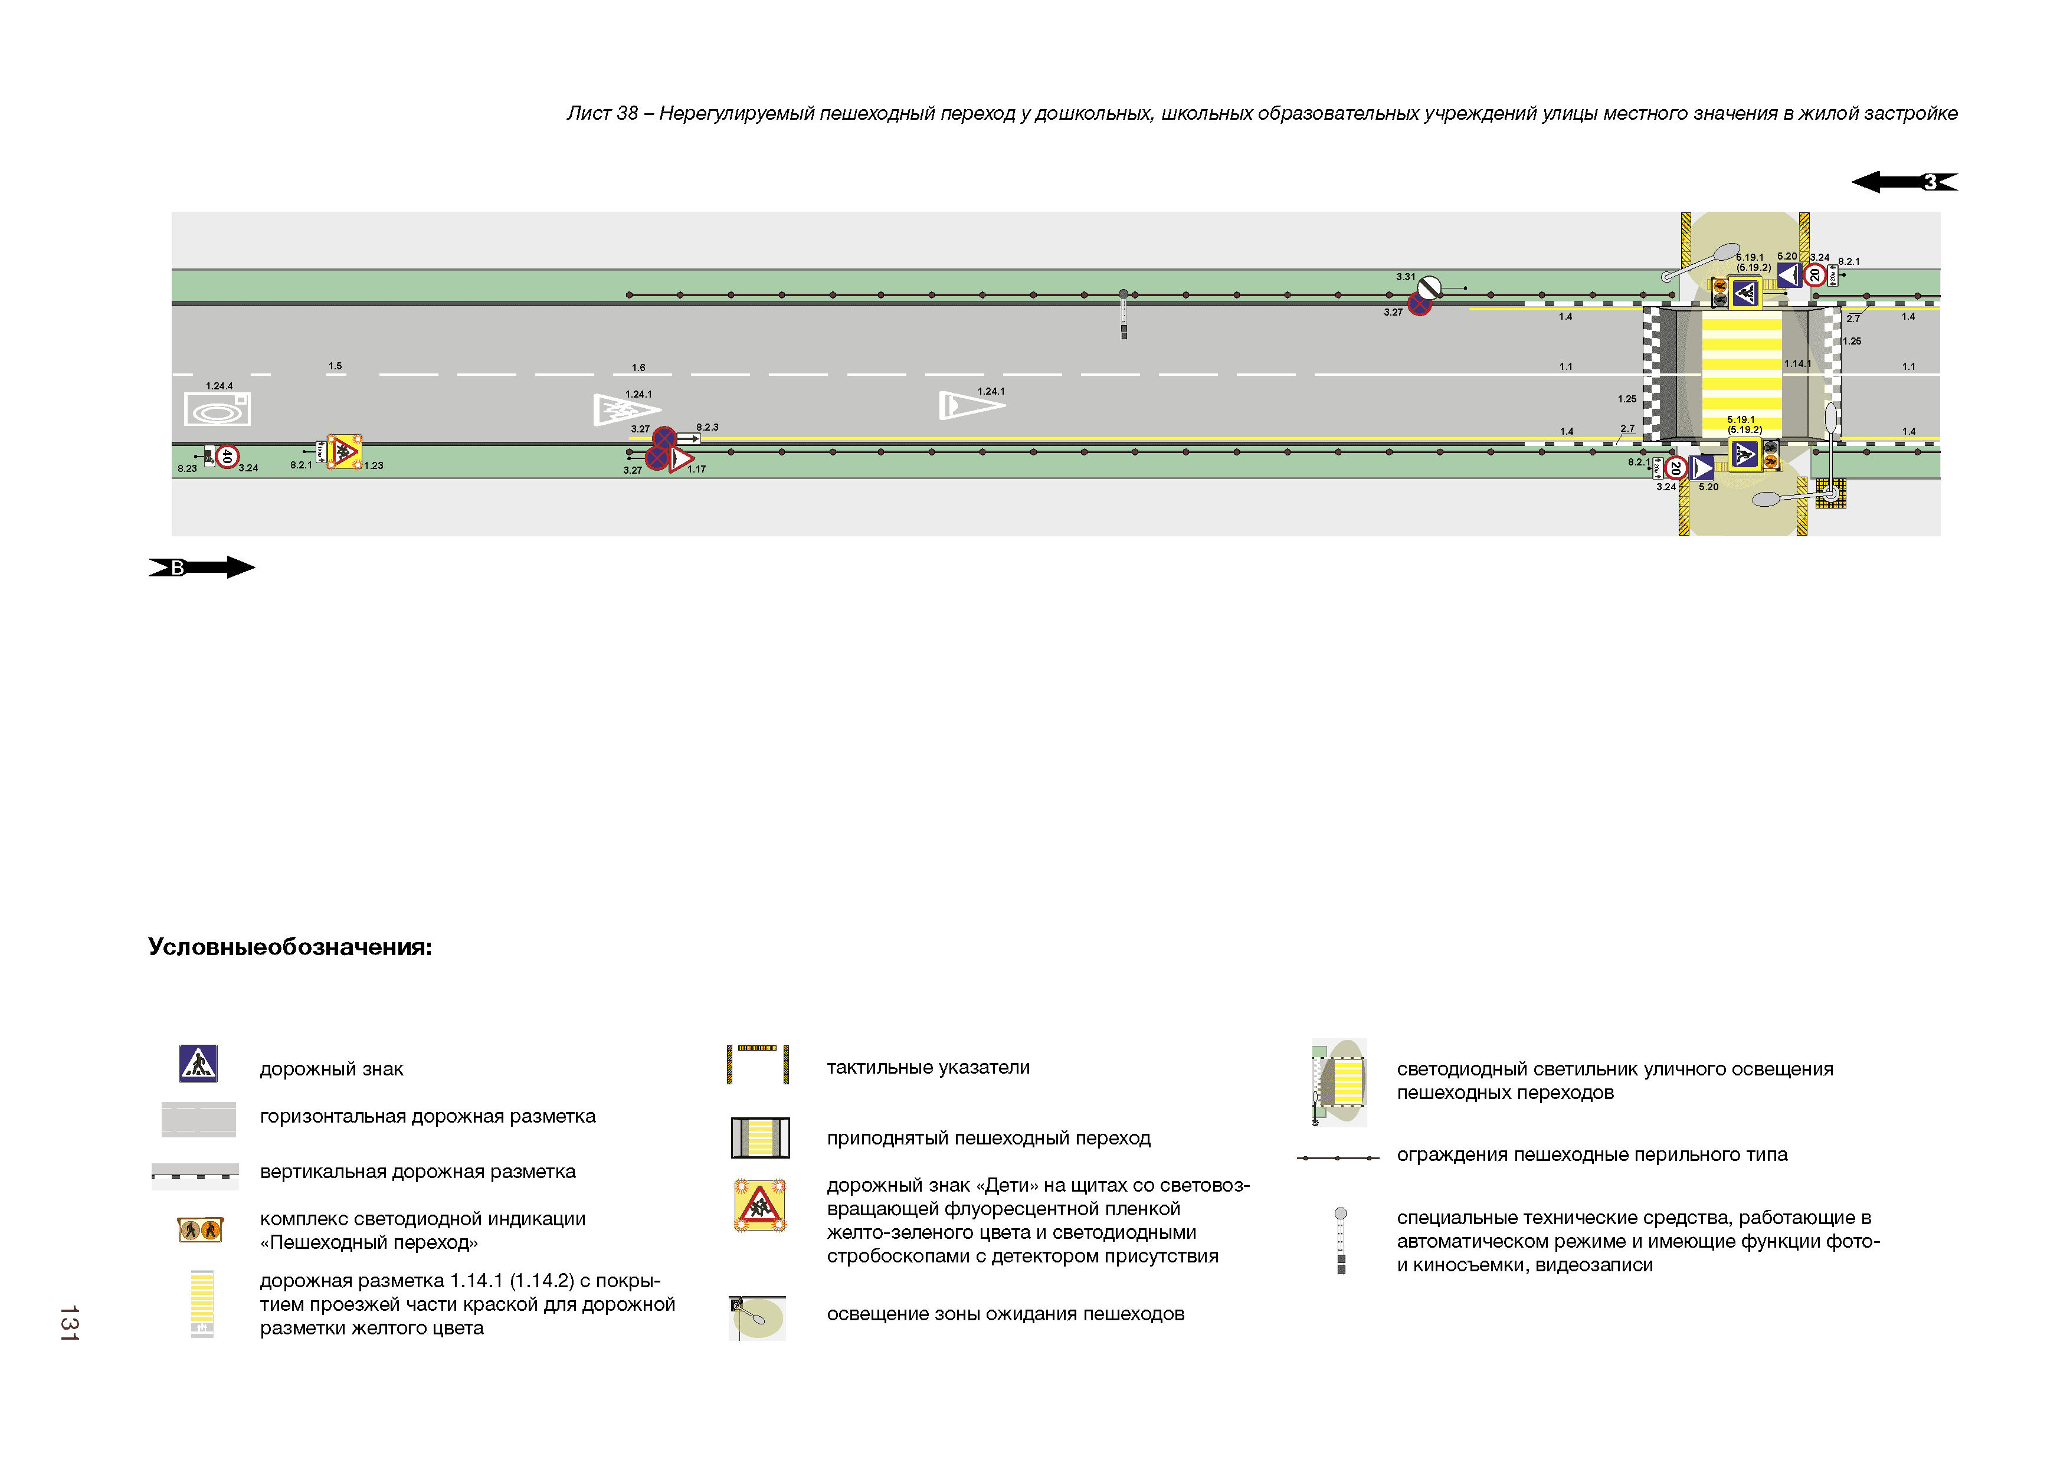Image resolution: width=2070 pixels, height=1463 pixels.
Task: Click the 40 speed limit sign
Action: [227, 457]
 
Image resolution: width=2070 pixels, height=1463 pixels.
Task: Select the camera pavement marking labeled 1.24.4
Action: [217, 409]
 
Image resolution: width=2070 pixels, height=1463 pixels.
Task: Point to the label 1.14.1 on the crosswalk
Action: [1797, 364]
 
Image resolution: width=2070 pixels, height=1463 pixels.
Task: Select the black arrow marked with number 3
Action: [1904, 182]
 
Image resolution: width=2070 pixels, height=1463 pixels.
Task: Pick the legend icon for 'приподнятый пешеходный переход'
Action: [760, 1137]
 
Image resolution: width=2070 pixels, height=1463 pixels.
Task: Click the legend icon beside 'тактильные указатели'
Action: [758, 1065]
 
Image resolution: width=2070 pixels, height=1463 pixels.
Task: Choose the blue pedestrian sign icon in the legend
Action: [198, 1064]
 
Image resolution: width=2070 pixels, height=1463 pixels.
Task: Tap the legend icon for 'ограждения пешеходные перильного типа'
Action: [1338, 1157]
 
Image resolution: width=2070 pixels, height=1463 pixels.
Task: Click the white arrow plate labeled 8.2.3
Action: [689, 439]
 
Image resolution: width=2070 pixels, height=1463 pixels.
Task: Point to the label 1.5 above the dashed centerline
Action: [335, 366]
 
